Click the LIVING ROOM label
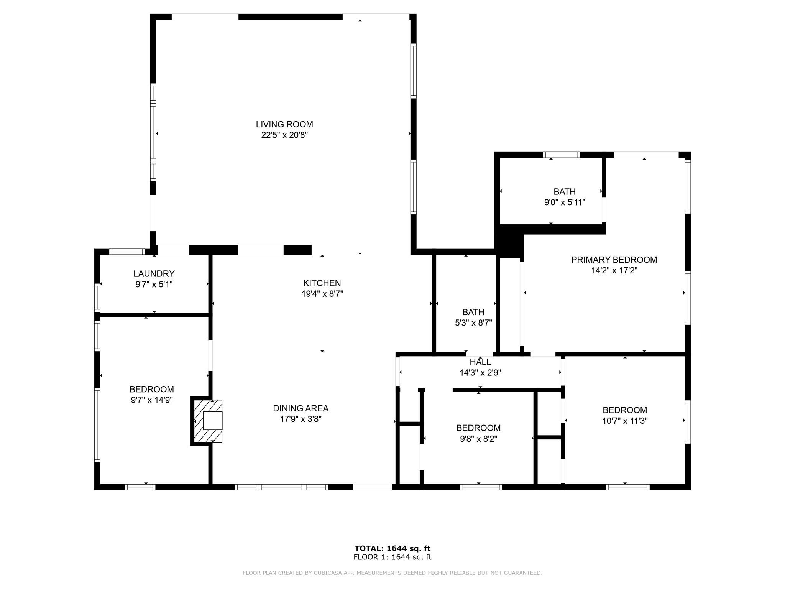[x=284, y=124]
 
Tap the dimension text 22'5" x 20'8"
[x=284, y=135]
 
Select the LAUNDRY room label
[x=154, y=274]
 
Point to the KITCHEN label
[x=322, y=283]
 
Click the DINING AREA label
[x=301, y=408]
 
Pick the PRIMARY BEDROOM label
[x=614, y=260]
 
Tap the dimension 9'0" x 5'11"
[x=565, y=202]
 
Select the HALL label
[x=480, y=362]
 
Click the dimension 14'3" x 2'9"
[x=480, y=373]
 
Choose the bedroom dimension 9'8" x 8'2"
[x=478, y=439]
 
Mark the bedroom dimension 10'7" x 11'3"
[x=625, y=421]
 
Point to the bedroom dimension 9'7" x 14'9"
[x=152, y=400]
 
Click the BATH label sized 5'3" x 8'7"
[x=473, y=312]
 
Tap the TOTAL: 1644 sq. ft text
[x=392, y=548]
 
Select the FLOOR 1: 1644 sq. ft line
[x=392, y=557]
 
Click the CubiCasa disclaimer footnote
[x=392, y=573]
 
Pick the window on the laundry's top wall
[x=127, y=252]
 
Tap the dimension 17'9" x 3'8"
[x=301, y=419]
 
